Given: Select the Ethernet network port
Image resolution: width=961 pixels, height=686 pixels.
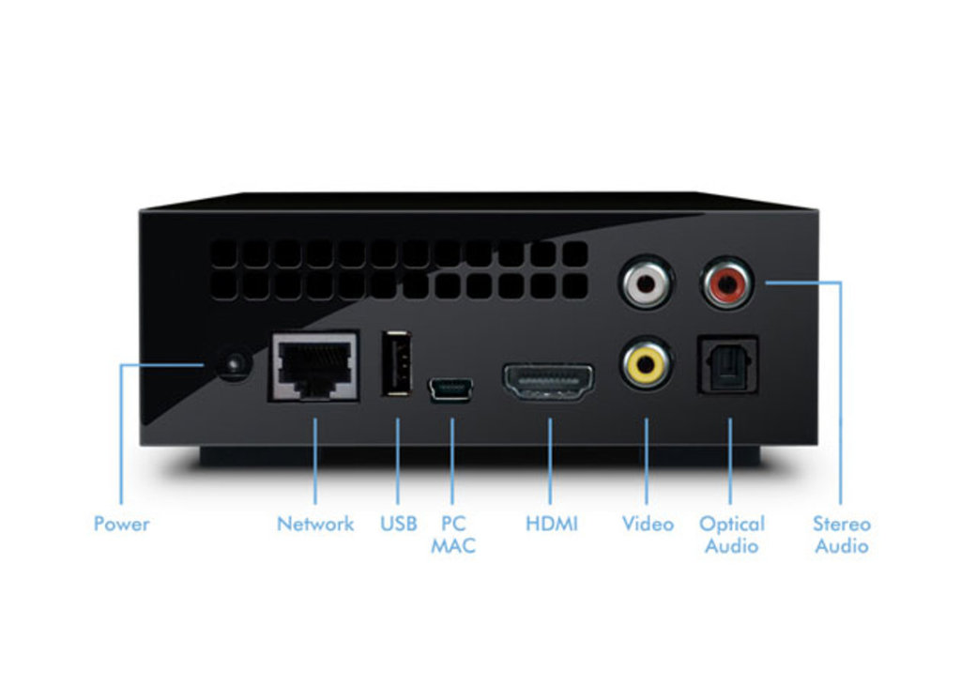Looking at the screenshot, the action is [x=313, y=367].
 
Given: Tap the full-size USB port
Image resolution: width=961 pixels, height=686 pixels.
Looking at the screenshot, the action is [x=397, y=363].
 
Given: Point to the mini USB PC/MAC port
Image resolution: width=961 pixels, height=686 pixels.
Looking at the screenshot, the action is [x=450, y=389].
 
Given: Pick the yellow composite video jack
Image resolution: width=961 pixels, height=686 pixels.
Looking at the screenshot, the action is [x=646, y=365].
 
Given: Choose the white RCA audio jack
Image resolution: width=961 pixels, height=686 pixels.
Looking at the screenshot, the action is [x=646, y=282].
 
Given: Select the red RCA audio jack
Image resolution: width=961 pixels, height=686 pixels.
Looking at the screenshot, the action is [x=727, y=282].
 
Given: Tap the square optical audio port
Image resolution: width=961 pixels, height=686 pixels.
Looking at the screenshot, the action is [x=728, y=365].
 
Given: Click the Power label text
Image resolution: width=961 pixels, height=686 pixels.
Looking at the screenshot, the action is [x=121, y=525].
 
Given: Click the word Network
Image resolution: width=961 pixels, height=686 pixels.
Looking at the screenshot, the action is [x=315, y=525].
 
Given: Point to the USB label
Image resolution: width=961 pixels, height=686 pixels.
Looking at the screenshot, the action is [x=398, y=525].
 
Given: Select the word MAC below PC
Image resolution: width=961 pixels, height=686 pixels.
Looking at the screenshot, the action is [x=453, y=546].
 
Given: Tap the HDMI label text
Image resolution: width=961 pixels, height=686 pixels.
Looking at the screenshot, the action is [x=552, y=525].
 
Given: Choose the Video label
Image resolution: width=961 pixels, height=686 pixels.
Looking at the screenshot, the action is [x=648, y=525].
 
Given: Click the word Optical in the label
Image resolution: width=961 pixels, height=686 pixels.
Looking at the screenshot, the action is [x=732, y=525].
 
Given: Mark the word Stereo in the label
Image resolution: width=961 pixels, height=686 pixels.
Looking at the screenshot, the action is [x=842, y=525].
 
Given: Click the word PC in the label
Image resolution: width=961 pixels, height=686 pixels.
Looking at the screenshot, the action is [x=453, y=525].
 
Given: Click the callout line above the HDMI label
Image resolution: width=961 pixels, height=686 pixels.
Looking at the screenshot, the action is [x=550, y=461].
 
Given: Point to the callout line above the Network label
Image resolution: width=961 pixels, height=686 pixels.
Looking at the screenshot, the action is [x=315, y=461].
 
